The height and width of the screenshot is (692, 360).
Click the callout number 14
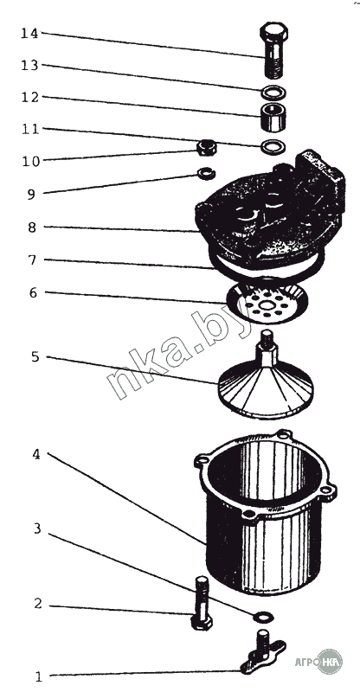tap(29, 34)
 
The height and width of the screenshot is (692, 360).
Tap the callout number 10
tap(31, 162)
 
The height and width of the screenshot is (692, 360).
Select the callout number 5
tap(35, 357)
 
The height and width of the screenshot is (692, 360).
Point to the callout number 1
tap(38, 676)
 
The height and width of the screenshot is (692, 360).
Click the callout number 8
tap(33, 227)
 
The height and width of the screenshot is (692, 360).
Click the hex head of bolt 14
tap(273, 32)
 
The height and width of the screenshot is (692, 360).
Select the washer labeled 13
tap(273, 93)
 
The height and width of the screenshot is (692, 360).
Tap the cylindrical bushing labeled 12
tap(273, 117)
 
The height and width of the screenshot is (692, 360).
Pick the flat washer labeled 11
tap(273, 146)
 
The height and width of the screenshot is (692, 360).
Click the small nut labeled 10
tap(206, 147)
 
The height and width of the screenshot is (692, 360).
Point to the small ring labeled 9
tap(206, 174)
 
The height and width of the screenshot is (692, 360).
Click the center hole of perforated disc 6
tap(267, 305)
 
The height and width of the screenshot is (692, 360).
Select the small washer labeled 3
tap(264, 616)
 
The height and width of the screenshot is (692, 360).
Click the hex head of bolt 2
tap(202, 623)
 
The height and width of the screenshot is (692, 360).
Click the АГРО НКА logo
tap(318, 661)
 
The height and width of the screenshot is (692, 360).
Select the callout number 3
tap(37, 529)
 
